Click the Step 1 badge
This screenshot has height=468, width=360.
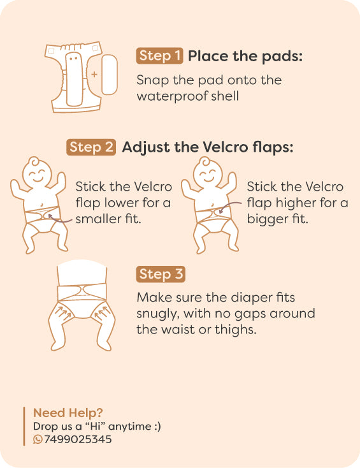[x=159, y=56]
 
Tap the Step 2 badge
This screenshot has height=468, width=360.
[x=91, y=147]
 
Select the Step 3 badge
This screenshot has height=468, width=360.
[x=161, y=274]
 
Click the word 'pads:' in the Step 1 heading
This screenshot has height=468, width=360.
[x=282, y=57]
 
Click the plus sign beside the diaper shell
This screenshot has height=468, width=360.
[x=94, y=75]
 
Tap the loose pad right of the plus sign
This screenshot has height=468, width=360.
[x=109, y=75]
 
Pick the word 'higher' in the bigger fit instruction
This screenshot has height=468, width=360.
[x=296, y=203]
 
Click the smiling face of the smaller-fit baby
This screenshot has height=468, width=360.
[x=38, y=175]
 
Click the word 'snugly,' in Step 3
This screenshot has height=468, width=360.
[x=158, y=314]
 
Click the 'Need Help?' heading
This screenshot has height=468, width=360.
[x=68, y=413]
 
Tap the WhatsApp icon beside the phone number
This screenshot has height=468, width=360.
[x=38, y=439]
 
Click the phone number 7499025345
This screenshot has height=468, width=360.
[x=78, y=439]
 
